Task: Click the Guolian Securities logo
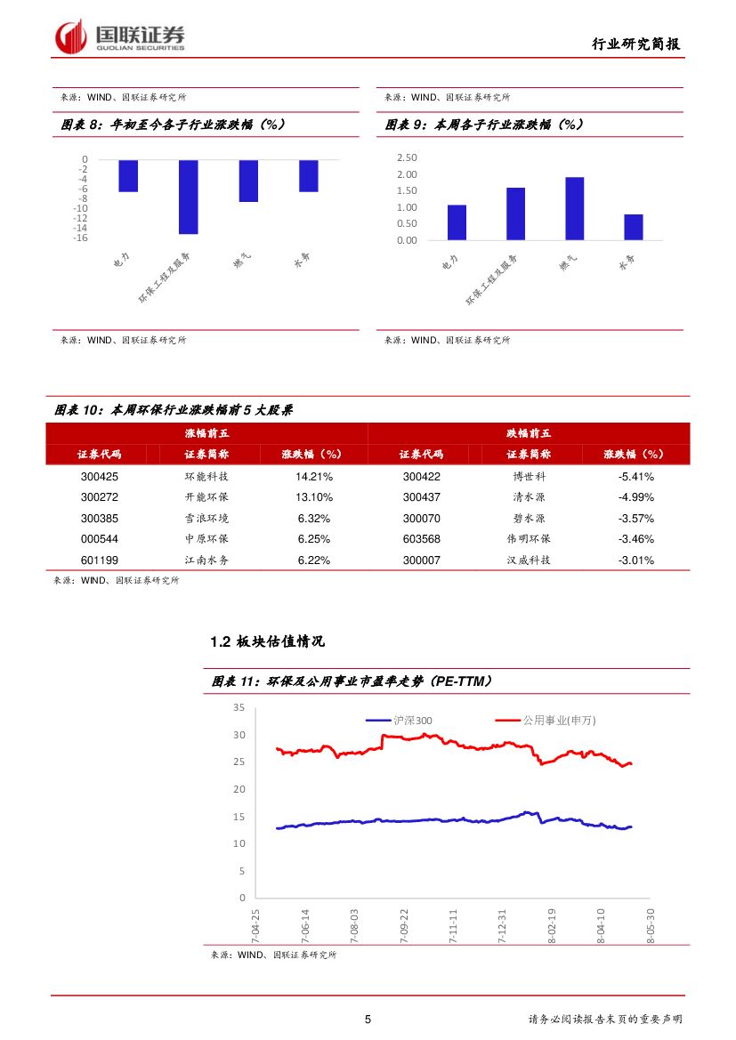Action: click(x=120, y=36)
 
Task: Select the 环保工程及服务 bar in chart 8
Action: click(x=188, y=197)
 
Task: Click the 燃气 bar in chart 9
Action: click(x=574, y=208)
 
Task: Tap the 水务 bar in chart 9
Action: click(x=633, y=227)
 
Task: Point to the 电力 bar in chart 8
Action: click(x=128, y=175)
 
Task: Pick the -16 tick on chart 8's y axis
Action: click(x=80, y=238)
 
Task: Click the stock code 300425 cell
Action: click(x=99, y=476)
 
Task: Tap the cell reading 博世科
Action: click(x=529, y=476)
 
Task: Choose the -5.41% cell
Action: click(x=635, y=476)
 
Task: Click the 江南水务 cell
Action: click(x=206, y=560)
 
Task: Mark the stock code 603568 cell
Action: click(x=421, y=539)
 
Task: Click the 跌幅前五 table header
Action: click(x=529, y=433)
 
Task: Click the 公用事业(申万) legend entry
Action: click(x=548, y=721)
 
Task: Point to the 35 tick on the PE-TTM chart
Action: click(x=239, y=707)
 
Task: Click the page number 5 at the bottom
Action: click(x=368, y=1020)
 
